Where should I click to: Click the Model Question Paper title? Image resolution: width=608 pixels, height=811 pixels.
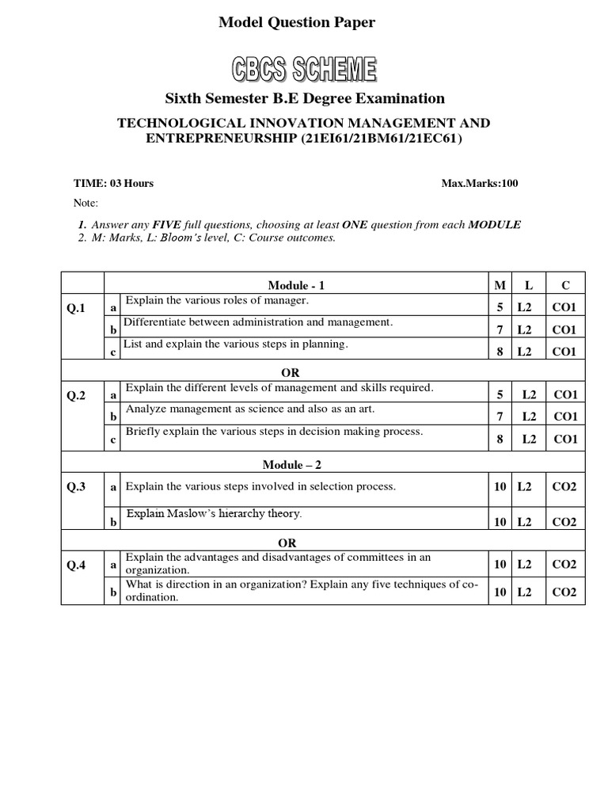(x=297, y=23)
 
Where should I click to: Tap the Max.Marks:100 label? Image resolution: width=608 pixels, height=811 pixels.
(x=480, y=184)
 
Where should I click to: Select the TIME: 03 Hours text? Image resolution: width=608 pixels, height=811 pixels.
(x=114, y=184)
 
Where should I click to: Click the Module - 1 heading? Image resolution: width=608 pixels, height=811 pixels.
(x=296, y=285)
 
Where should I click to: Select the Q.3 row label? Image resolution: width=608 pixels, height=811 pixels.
(x=76, y=487)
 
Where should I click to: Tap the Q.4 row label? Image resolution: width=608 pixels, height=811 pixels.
(x=76, y=565)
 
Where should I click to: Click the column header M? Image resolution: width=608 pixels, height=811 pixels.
(x=500, y=285)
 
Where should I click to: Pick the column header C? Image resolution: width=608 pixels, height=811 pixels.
(x=565, y=285)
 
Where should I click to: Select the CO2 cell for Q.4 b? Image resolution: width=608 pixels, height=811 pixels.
(x=564, y=592)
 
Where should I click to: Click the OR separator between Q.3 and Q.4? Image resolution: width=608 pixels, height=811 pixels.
(x=287, y=543)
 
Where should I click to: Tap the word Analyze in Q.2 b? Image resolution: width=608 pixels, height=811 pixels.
(x=146, y=409)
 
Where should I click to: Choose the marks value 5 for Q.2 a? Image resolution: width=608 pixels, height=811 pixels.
(x=500, y=394)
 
